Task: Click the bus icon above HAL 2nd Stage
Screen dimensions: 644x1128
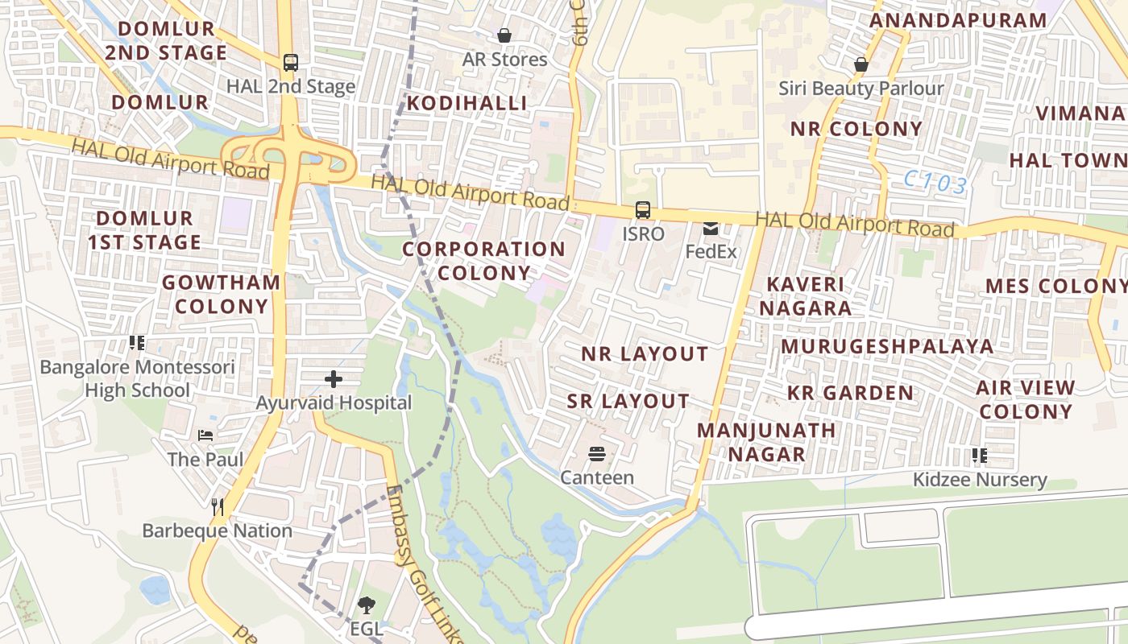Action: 291,63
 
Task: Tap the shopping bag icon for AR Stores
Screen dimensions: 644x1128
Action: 504,35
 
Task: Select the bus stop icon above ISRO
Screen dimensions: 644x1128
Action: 643,210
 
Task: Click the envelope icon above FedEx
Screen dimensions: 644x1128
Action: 711,229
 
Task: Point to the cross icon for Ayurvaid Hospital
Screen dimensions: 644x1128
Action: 334,379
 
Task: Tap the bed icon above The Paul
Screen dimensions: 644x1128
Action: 205,436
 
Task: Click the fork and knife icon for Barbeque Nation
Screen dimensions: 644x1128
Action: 217,506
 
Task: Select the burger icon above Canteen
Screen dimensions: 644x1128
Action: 597,454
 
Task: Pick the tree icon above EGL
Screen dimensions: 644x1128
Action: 367,605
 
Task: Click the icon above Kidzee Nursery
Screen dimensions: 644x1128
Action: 980,456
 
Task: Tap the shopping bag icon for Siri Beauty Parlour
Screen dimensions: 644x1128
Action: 861,64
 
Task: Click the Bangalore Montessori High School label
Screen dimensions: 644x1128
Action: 138,379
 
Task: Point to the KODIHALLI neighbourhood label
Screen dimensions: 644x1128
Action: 467,103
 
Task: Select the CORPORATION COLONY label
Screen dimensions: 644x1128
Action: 483,261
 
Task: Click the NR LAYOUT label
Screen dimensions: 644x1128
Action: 645,354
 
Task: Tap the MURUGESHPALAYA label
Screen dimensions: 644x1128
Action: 887,346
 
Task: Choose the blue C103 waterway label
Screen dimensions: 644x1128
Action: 935,183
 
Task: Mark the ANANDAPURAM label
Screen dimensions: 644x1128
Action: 958,20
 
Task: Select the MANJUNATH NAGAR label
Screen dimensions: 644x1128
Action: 766,442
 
